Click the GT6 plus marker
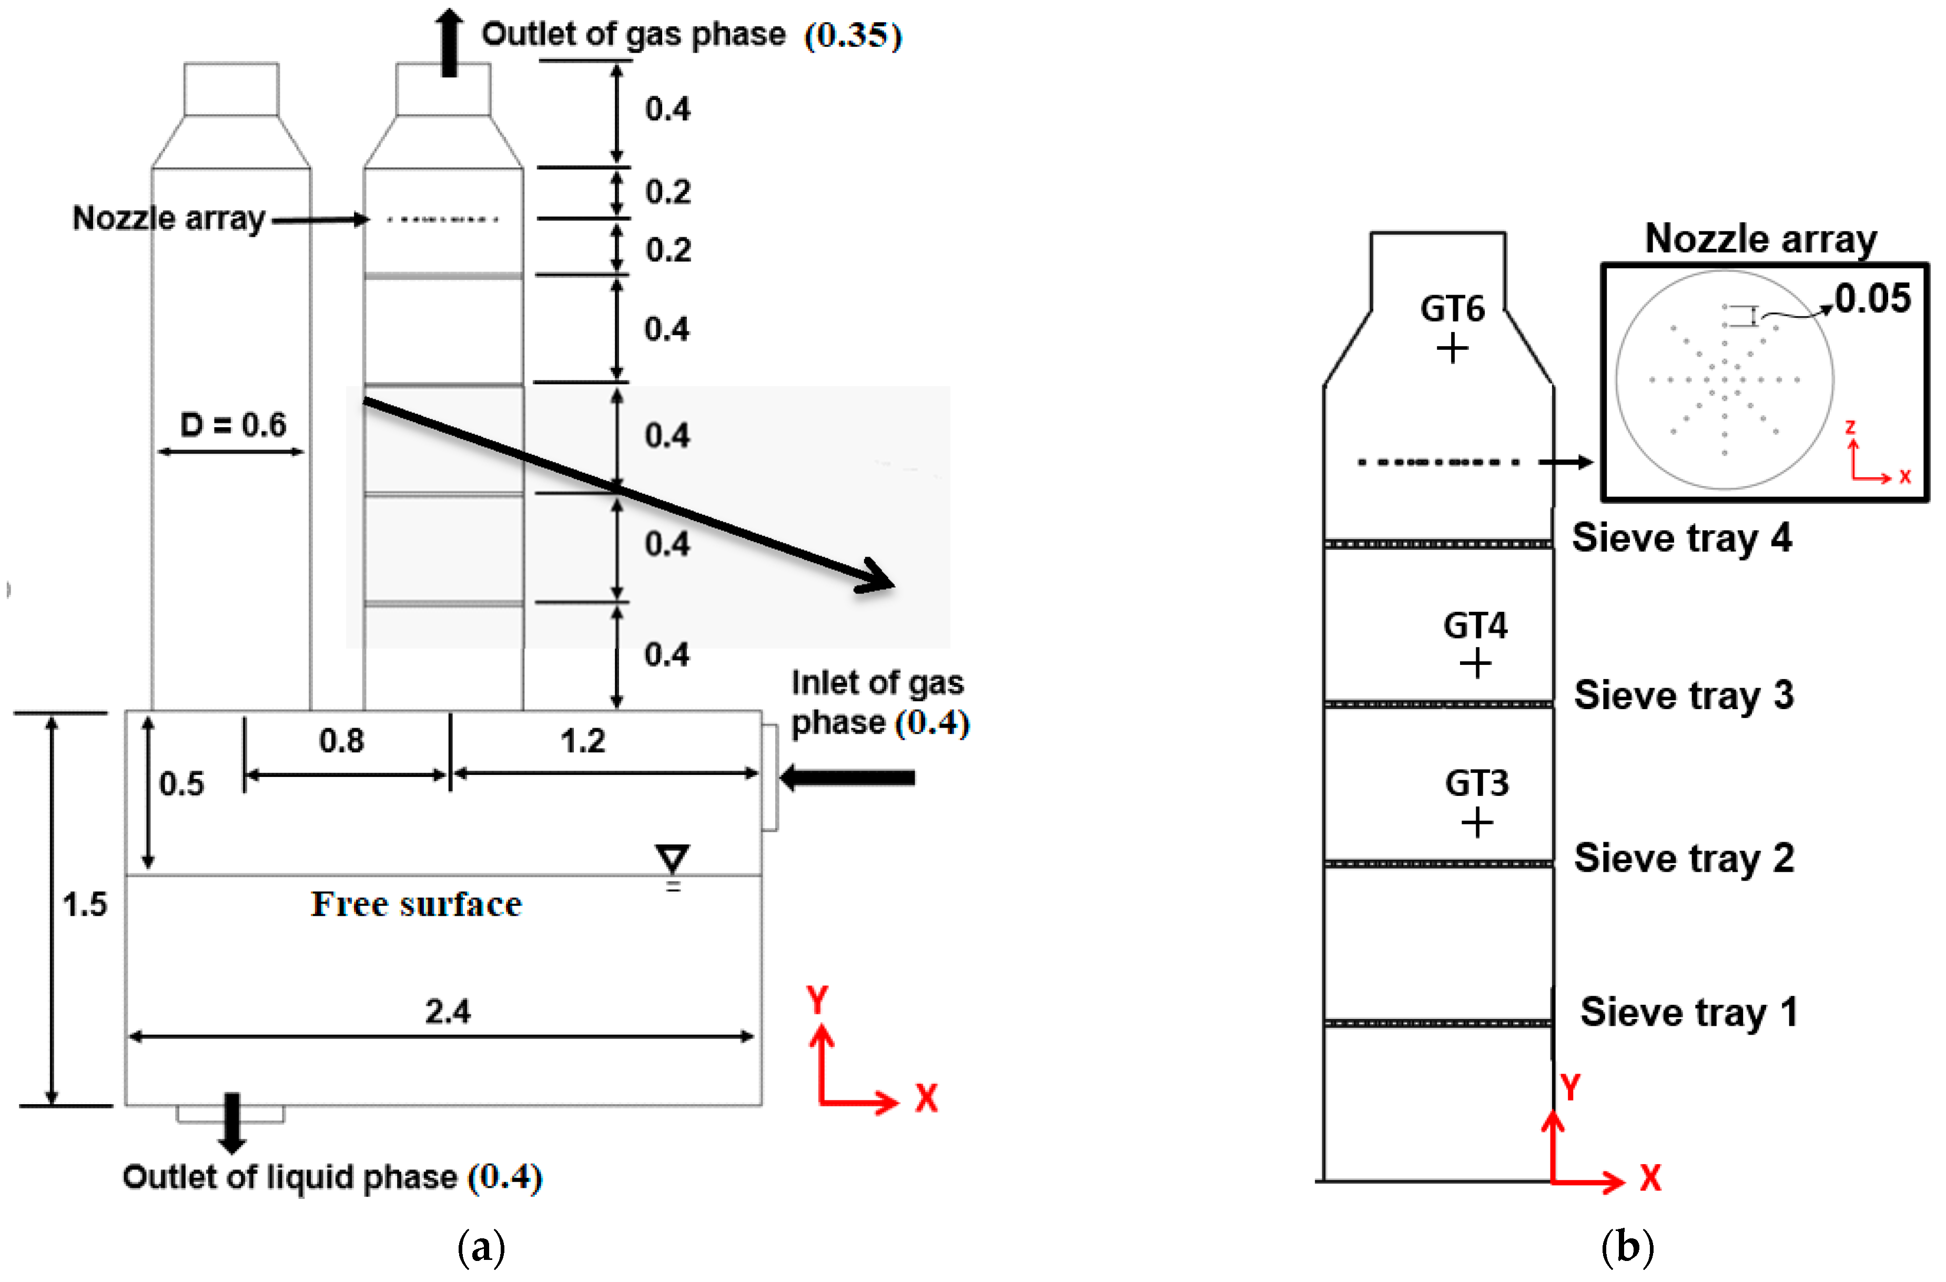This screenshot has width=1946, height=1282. pyautogui.click(x=1452, y=349)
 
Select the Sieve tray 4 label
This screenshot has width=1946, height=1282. pyautogui.click(x=1682, y=539)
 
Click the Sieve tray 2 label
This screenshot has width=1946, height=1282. pyautogui.click(x=1685, y=859)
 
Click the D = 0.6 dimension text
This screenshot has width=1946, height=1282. pyautogui.click(x=233, y=425)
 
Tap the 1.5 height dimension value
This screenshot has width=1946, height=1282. pyautogui.click(x=85, y=904)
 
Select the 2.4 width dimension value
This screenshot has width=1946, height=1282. pyautogui.click(x=447, y=1012)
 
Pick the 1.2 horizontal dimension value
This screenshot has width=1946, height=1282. pyautogui.click(x=582, y=741)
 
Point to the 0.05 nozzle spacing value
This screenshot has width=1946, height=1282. pyautogui.click(x=1872, y=298)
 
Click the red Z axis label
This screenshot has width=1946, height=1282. pyautogui.click(x=1850, y=427)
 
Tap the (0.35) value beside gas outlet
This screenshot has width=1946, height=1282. pyautogui.click(x=853, y=35)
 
